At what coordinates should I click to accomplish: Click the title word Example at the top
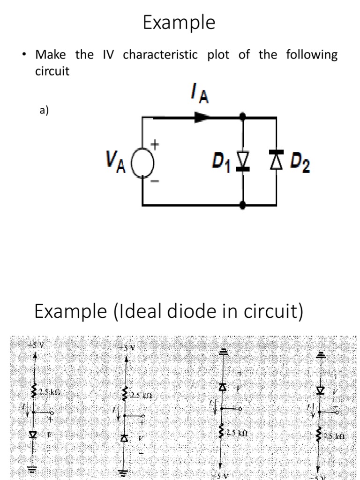pos(179,22)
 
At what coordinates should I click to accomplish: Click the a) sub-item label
pos(44,111)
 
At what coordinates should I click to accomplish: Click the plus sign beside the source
pos(153,146)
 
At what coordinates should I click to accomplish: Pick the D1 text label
pos(222,162)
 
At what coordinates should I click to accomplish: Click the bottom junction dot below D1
pos(242,205)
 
